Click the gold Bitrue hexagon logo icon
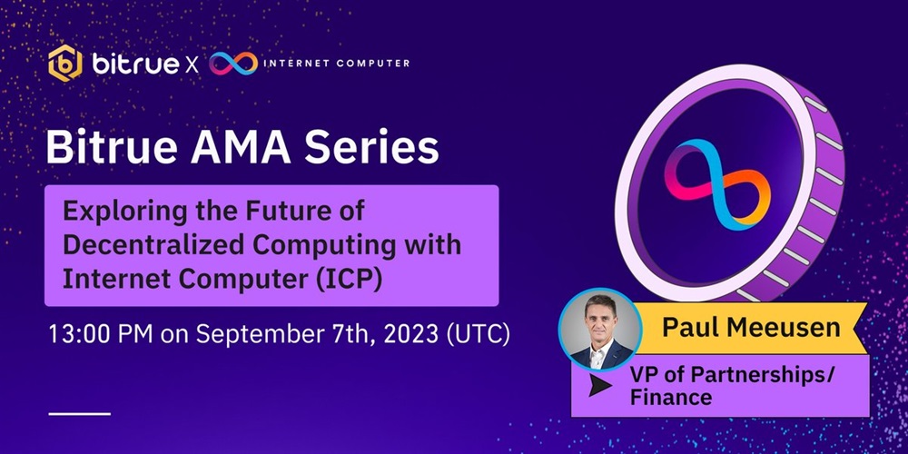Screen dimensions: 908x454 tap(64, 64)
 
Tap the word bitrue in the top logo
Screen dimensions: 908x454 tap(135, 63)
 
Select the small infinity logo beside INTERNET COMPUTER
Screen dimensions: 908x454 tap(233, 64)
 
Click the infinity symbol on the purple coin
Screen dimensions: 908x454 tap(717, 184)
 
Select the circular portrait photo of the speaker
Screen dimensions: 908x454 tap(600, 330)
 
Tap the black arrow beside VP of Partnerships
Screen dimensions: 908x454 tap(600, 386)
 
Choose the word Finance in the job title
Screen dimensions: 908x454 tap(671, 398)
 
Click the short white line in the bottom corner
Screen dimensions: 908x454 tap(79, 414)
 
